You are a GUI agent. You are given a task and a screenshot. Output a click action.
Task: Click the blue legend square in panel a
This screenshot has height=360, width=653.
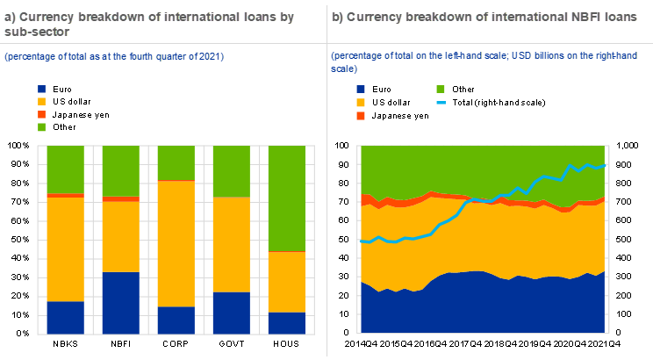click(x=41, y=89)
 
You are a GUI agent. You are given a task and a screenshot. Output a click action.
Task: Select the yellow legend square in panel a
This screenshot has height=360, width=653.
click(x=41, y=102)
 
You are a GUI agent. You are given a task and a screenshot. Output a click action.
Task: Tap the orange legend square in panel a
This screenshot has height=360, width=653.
click(x=41, y=114)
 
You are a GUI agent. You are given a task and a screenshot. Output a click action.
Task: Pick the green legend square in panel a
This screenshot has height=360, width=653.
click(x=41, y=127)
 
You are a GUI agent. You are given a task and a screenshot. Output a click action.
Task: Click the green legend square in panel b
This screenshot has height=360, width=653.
click(x=441, y=89)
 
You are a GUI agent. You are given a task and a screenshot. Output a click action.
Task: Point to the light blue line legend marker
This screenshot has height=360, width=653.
click(x=441, y=103)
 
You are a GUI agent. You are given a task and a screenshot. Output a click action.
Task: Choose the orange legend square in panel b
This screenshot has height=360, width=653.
click(x=361, y=116)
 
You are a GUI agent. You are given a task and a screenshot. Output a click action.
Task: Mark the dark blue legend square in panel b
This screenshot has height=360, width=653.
click(x=361, y=89)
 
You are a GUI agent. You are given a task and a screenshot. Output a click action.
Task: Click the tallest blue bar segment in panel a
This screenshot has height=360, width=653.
click(x=121, y=302)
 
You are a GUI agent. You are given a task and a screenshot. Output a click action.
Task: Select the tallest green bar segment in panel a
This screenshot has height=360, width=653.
click(x=286, y=198)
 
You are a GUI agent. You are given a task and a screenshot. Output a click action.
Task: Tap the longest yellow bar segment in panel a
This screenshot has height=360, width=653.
click(x=176, y=243)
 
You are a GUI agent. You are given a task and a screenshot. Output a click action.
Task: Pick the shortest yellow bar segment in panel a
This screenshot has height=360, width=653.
click(x=286, y=281)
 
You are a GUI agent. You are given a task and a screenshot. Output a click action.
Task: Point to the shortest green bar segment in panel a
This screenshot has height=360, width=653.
click(x=176, y=162)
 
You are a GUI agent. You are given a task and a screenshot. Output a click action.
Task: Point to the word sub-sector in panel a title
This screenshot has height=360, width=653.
click(x=32, y=31)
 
